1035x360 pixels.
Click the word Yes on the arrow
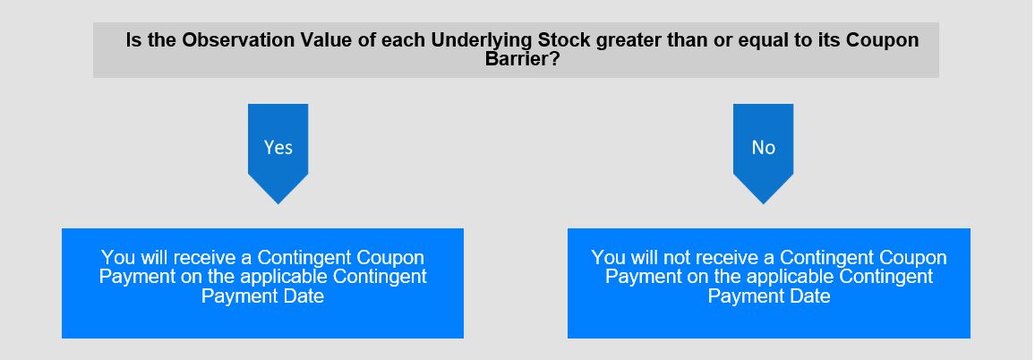pos(278,147)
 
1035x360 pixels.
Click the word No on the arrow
pos(763,147)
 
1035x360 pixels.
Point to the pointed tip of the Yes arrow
pos(278,203)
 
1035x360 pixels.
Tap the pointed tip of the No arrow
pos(763,203)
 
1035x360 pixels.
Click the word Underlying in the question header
pos(481,40)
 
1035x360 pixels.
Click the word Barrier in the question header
pos(517,59)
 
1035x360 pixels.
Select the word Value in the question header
pos(327,40)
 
